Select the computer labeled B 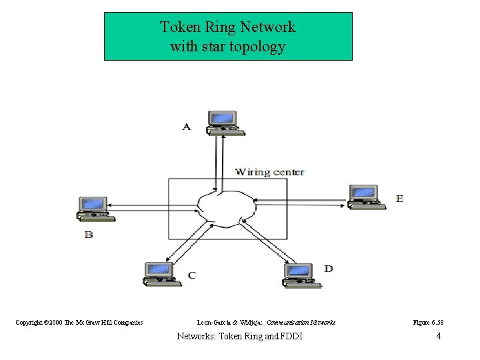pos(93,208)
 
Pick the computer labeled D pos(299,274)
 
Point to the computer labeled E pos(365,196)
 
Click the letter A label pos(187,127)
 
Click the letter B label pos(89,235)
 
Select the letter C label pos(192,275)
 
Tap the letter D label pos(329,269)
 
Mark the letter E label pos(399,199)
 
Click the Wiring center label pos(269,172)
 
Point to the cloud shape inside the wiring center pos(227,207)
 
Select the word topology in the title pos(261,47)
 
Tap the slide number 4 pos(438,336)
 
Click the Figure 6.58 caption pos(428,323)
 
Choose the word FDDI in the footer pos(291,336)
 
